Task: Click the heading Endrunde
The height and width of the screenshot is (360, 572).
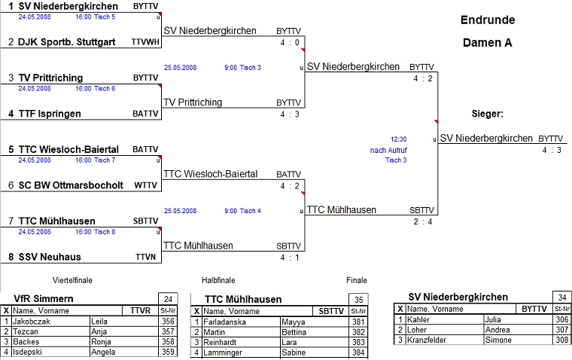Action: [x=488, y=20]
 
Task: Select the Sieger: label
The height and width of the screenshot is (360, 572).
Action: [x=487, y=114]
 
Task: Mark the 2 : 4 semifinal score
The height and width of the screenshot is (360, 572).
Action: [x=423, y=221]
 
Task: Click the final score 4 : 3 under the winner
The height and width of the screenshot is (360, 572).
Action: [x=551, y=150]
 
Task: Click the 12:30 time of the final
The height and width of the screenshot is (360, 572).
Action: [x=398, y=139]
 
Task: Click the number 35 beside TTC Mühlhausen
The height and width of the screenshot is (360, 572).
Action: [x=361, y=298]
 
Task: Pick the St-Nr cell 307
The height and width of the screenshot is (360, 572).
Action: [x=561, y=330]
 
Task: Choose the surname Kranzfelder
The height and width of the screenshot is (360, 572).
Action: [x=431, y=340]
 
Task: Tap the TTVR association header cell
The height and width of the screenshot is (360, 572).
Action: [x=141, y=310]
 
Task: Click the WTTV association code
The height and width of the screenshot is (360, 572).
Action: [x=146, y=185]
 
